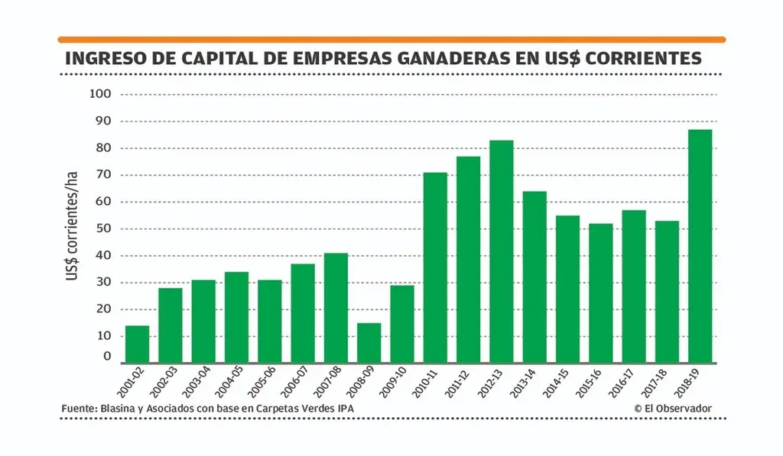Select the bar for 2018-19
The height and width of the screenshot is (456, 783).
pos(700,246)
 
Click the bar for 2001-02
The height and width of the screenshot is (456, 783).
pos(137,344)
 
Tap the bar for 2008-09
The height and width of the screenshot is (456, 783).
pos(369,343)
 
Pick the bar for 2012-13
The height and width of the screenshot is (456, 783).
pos(501,251)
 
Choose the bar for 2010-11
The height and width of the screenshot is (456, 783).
pos(435,267)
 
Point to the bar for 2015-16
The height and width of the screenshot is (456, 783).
pos(600,293)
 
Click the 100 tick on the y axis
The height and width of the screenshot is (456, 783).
pos(101,94)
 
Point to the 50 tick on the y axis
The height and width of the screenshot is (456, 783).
pos(103,228)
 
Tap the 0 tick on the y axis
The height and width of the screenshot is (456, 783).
pos(107,356)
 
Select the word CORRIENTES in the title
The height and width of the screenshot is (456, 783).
pos(642,58)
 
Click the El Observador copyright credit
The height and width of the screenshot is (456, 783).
pos(673,409)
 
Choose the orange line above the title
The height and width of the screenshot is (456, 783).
pos(391,39)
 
